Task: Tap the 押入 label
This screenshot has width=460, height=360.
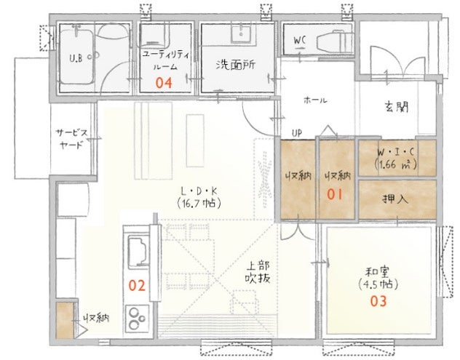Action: pyautogui.click(x=396, y=198)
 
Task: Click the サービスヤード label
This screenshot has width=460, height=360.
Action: pyautogui.click(x=71, y=138)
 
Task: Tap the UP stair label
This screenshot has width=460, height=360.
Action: pyautogui.click(x=296, y=133)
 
